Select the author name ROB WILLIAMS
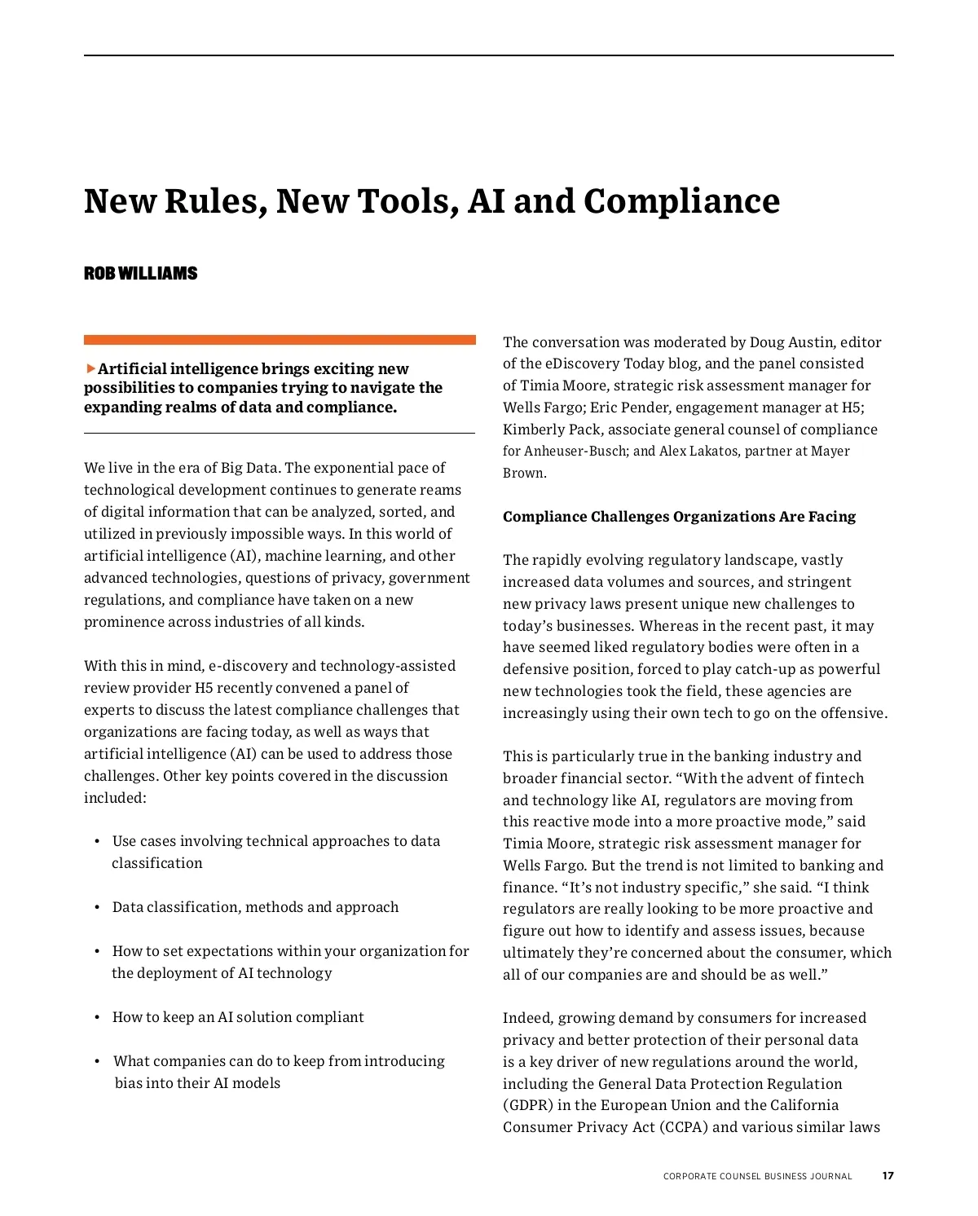pyautogui.click(x=140, y=273)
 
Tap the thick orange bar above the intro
pyautogui.click(x=280, y=340)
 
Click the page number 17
pyautogui.click(x=888, y=1175)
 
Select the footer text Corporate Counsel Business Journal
pyautogui.click(x=757, y=1176)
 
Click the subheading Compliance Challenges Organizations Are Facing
pyautogui.click(x=679, y=516)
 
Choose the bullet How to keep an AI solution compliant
pyautogui.click(x=238, y=1017)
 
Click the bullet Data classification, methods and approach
pyautogui.click(x=255, y=907)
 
